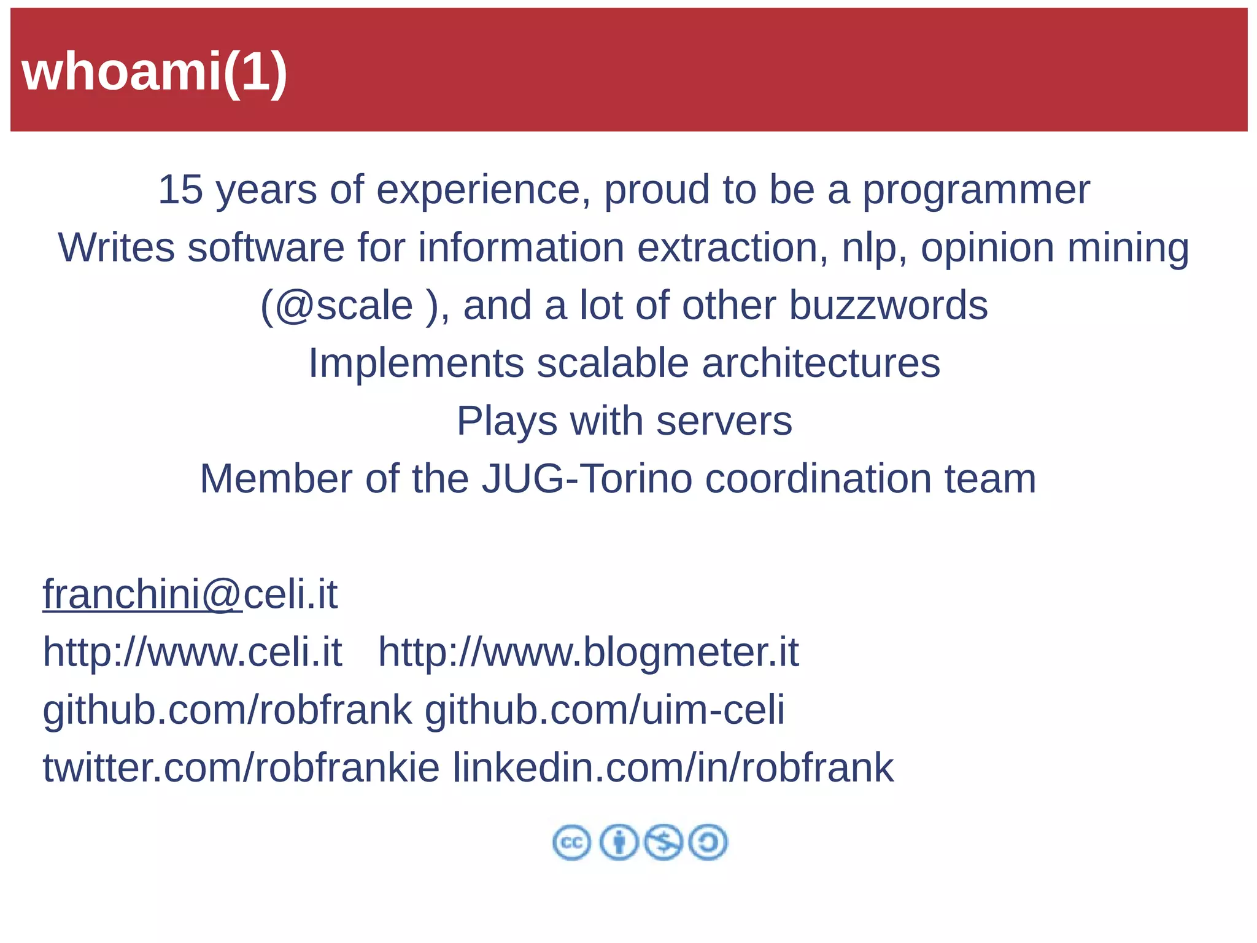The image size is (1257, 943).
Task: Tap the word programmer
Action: click(977, 190)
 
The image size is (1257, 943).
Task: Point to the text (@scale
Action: click(336, 306)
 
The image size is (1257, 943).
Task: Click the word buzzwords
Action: click(888, 305)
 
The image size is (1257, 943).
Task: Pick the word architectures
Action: click(821, 363)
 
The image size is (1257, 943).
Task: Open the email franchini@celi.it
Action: click(190, 594)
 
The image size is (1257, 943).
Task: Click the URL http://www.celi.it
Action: click(192, 652)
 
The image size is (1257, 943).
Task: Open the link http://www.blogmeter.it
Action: click(588, 652)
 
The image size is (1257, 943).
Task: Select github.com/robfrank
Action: click(227, 710)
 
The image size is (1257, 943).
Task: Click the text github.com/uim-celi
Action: click(605, 710)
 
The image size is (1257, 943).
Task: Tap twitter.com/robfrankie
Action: click(241, 768)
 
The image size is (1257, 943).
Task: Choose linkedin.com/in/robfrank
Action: click(673, 768)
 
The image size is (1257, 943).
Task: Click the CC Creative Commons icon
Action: click(571, 842)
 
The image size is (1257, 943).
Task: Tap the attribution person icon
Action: click(619, 842)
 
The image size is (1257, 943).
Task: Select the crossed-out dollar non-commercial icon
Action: click(663, 842)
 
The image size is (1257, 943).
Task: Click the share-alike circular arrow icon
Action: click(708, 842)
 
